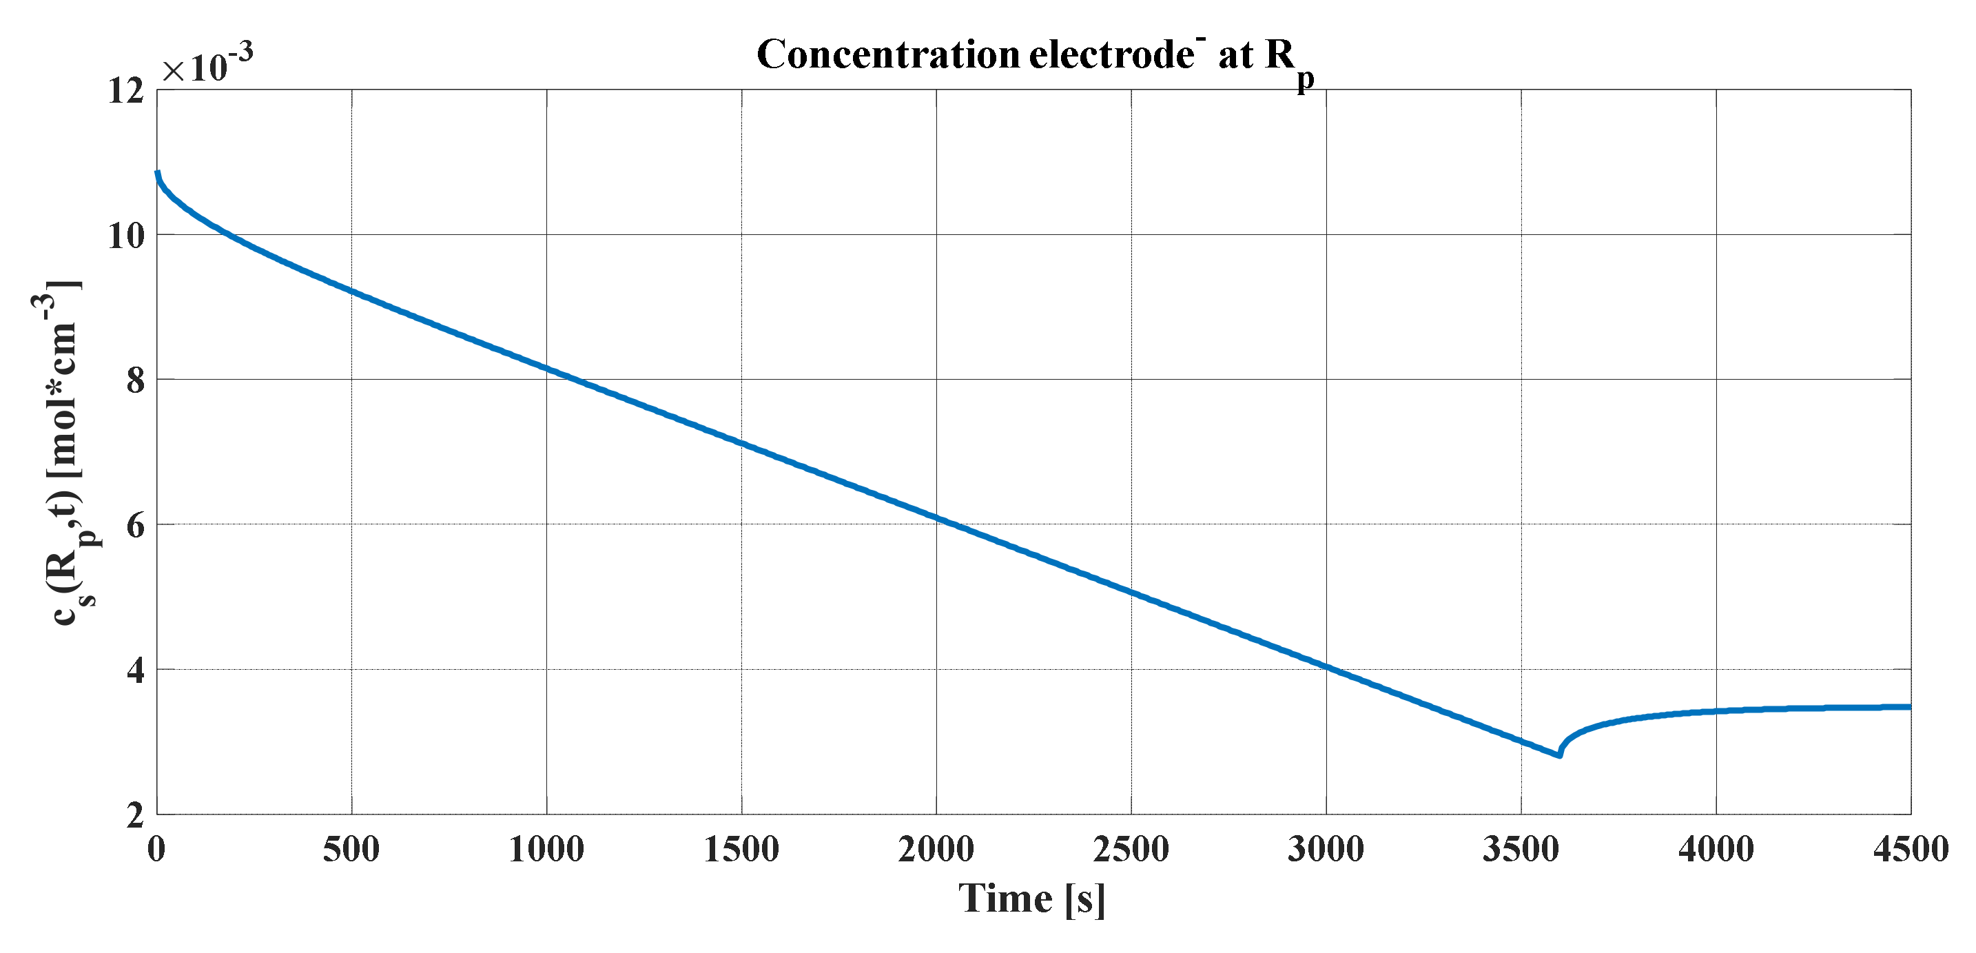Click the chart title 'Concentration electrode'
(1035, 55)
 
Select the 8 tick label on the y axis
(136, 380)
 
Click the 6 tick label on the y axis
(136, 526)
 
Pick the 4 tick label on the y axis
(136, 670)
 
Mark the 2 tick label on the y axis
(136, 815)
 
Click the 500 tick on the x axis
(351, 850)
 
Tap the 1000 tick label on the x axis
(546, 850)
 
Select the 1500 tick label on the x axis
(741, 850)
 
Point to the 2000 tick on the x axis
(936, 850)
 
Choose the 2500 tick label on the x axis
(1131, 850)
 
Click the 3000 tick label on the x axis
(1326, 850)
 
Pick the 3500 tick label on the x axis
(1521, 850)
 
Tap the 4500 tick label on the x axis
(1910, 850)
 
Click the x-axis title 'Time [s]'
(1031, 899)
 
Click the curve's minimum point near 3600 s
(1559, 755)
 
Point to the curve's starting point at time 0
(158, 173)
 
